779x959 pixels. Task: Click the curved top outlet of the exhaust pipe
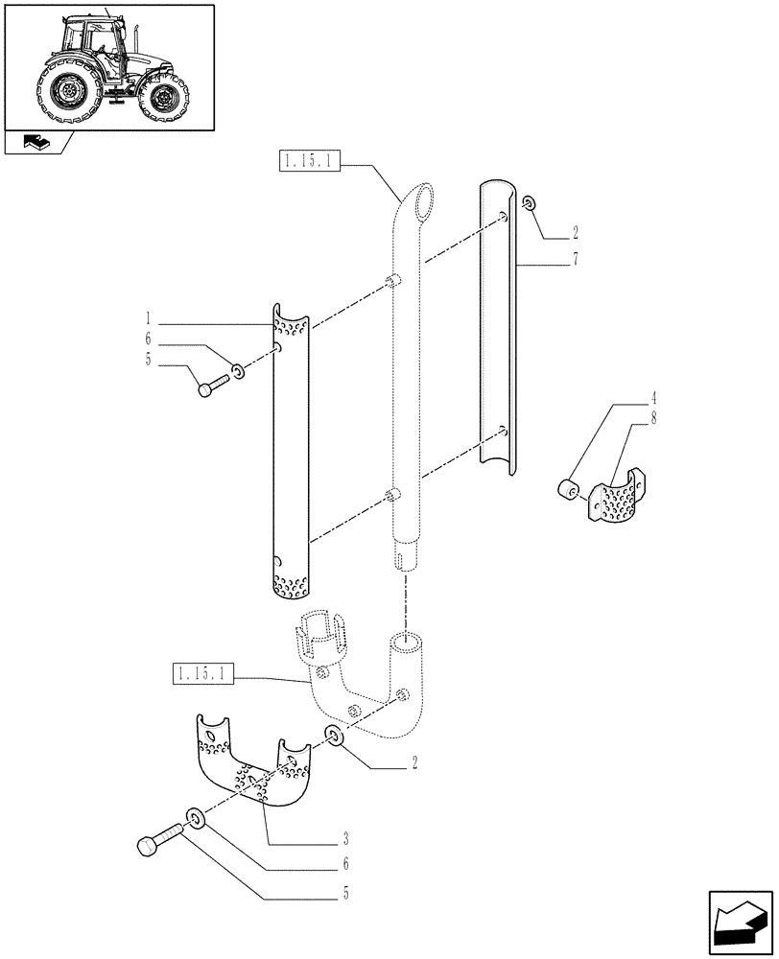click(421, 202)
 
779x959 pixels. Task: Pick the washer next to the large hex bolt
click(195, 816)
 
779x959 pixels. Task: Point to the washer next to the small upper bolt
click(237, 369)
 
